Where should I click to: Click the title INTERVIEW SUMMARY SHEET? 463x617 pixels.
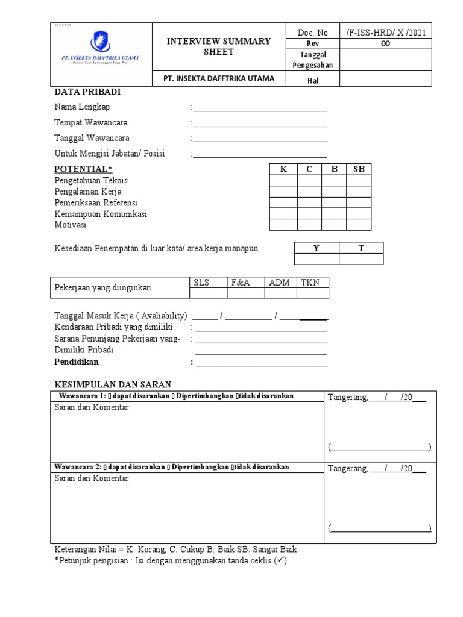(218, 46)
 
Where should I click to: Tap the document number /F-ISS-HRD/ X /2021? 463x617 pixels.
(386, 33)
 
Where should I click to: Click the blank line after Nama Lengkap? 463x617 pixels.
(259, 108)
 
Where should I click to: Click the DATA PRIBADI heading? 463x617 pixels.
(88, 92)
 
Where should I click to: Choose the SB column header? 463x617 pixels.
(359, 169)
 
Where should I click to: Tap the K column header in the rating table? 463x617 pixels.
(283, 169)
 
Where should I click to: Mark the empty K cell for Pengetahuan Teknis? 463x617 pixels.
(283, 181)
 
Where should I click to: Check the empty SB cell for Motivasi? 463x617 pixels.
(359, 225)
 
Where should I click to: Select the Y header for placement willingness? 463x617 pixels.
(316, 248)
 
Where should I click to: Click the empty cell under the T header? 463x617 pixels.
(361, 259)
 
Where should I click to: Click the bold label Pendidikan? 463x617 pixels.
(77, 362)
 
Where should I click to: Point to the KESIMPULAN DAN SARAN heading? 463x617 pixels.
(113, 384)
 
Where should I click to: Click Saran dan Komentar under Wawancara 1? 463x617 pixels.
(92, 408)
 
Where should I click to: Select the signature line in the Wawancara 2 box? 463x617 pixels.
(380, 528)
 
